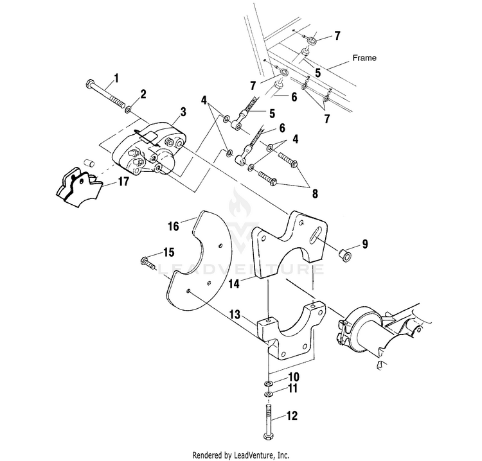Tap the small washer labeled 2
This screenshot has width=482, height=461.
click(128, 109)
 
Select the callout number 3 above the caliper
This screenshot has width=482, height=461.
click(183, 112)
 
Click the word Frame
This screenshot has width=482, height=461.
click(364, 58)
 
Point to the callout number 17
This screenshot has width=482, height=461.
click(123, 182)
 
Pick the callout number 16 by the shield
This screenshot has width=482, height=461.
click(173, 227)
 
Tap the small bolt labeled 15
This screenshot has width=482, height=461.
click(148, 263)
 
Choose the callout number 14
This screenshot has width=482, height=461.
click(234, 284)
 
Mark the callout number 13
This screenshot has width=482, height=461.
click(235, 315)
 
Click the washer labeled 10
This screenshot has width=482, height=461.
click(269, 383)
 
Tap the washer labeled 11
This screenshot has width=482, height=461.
click(269, 394)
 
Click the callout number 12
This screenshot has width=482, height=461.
click(292, 416)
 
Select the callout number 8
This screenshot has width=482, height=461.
click(315, 194)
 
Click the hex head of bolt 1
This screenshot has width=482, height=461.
click(89, 83)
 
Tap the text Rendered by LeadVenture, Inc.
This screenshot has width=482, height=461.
click(241, 455)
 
